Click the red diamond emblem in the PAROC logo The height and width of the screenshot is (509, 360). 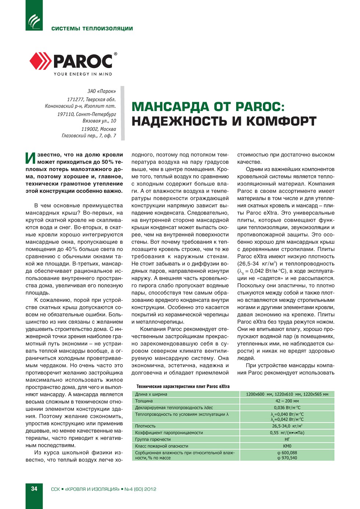tap(40, 61)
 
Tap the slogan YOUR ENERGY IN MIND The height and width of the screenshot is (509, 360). tap(83, 74)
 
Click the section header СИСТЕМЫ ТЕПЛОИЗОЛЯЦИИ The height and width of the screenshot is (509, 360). tap(92, 29)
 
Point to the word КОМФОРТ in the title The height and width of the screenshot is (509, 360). tap(281, 121)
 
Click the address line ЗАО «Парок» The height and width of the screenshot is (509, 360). tap(101, 91)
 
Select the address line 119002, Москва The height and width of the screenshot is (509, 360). tap(98, 129)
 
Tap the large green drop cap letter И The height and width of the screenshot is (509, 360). tap(30, 158)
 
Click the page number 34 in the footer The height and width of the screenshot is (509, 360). tap(34, 488)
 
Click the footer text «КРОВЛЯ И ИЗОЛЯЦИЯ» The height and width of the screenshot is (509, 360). tap(92, 489)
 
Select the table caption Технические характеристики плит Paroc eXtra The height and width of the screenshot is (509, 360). tap(183, 386)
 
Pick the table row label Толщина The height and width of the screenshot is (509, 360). tap(144, 401)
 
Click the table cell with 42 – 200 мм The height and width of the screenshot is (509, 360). tap(287, 401)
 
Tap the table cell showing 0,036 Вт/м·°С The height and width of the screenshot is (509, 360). tap(287, 408)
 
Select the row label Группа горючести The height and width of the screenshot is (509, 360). tap(153, 439)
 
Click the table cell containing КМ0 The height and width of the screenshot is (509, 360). tap(287, 446)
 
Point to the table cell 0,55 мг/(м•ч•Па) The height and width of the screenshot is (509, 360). tap(287, 433)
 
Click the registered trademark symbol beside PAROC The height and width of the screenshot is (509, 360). tap(115, 54)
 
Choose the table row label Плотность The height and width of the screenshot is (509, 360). tap(145, 426)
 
